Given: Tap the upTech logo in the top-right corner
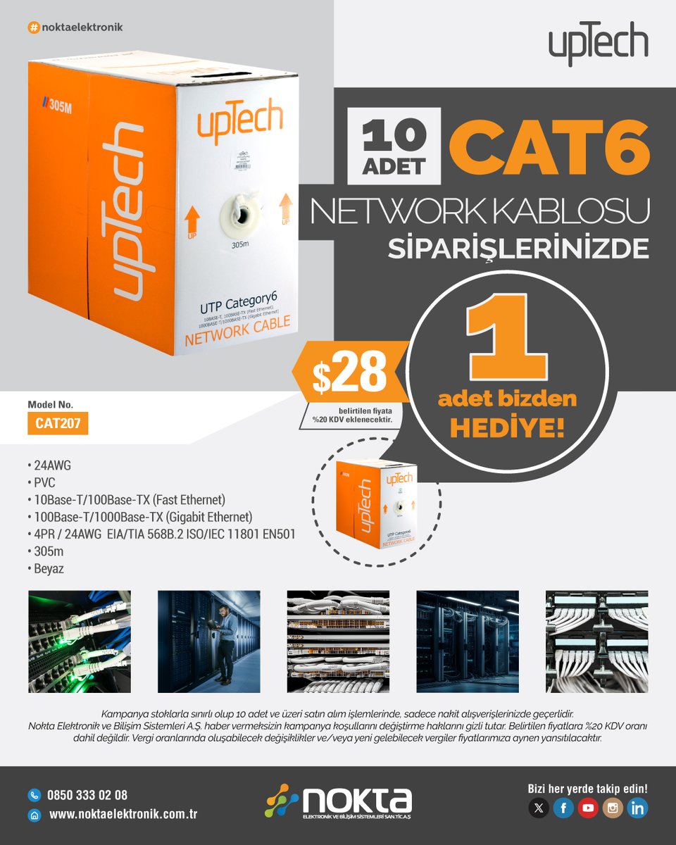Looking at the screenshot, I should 598,44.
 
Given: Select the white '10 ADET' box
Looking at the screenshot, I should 394,146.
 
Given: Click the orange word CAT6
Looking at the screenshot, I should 546,144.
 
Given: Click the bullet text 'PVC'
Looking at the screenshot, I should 44,482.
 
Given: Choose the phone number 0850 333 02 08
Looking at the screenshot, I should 87,795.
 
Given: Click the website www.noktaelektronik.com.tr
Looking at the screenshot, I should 123,815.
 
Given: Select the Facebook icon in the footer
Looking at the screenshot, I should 563,808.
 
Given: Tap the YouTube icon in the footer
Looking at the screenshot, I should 588,808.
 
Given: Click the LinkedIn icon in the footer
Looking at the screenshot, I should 637,808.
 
